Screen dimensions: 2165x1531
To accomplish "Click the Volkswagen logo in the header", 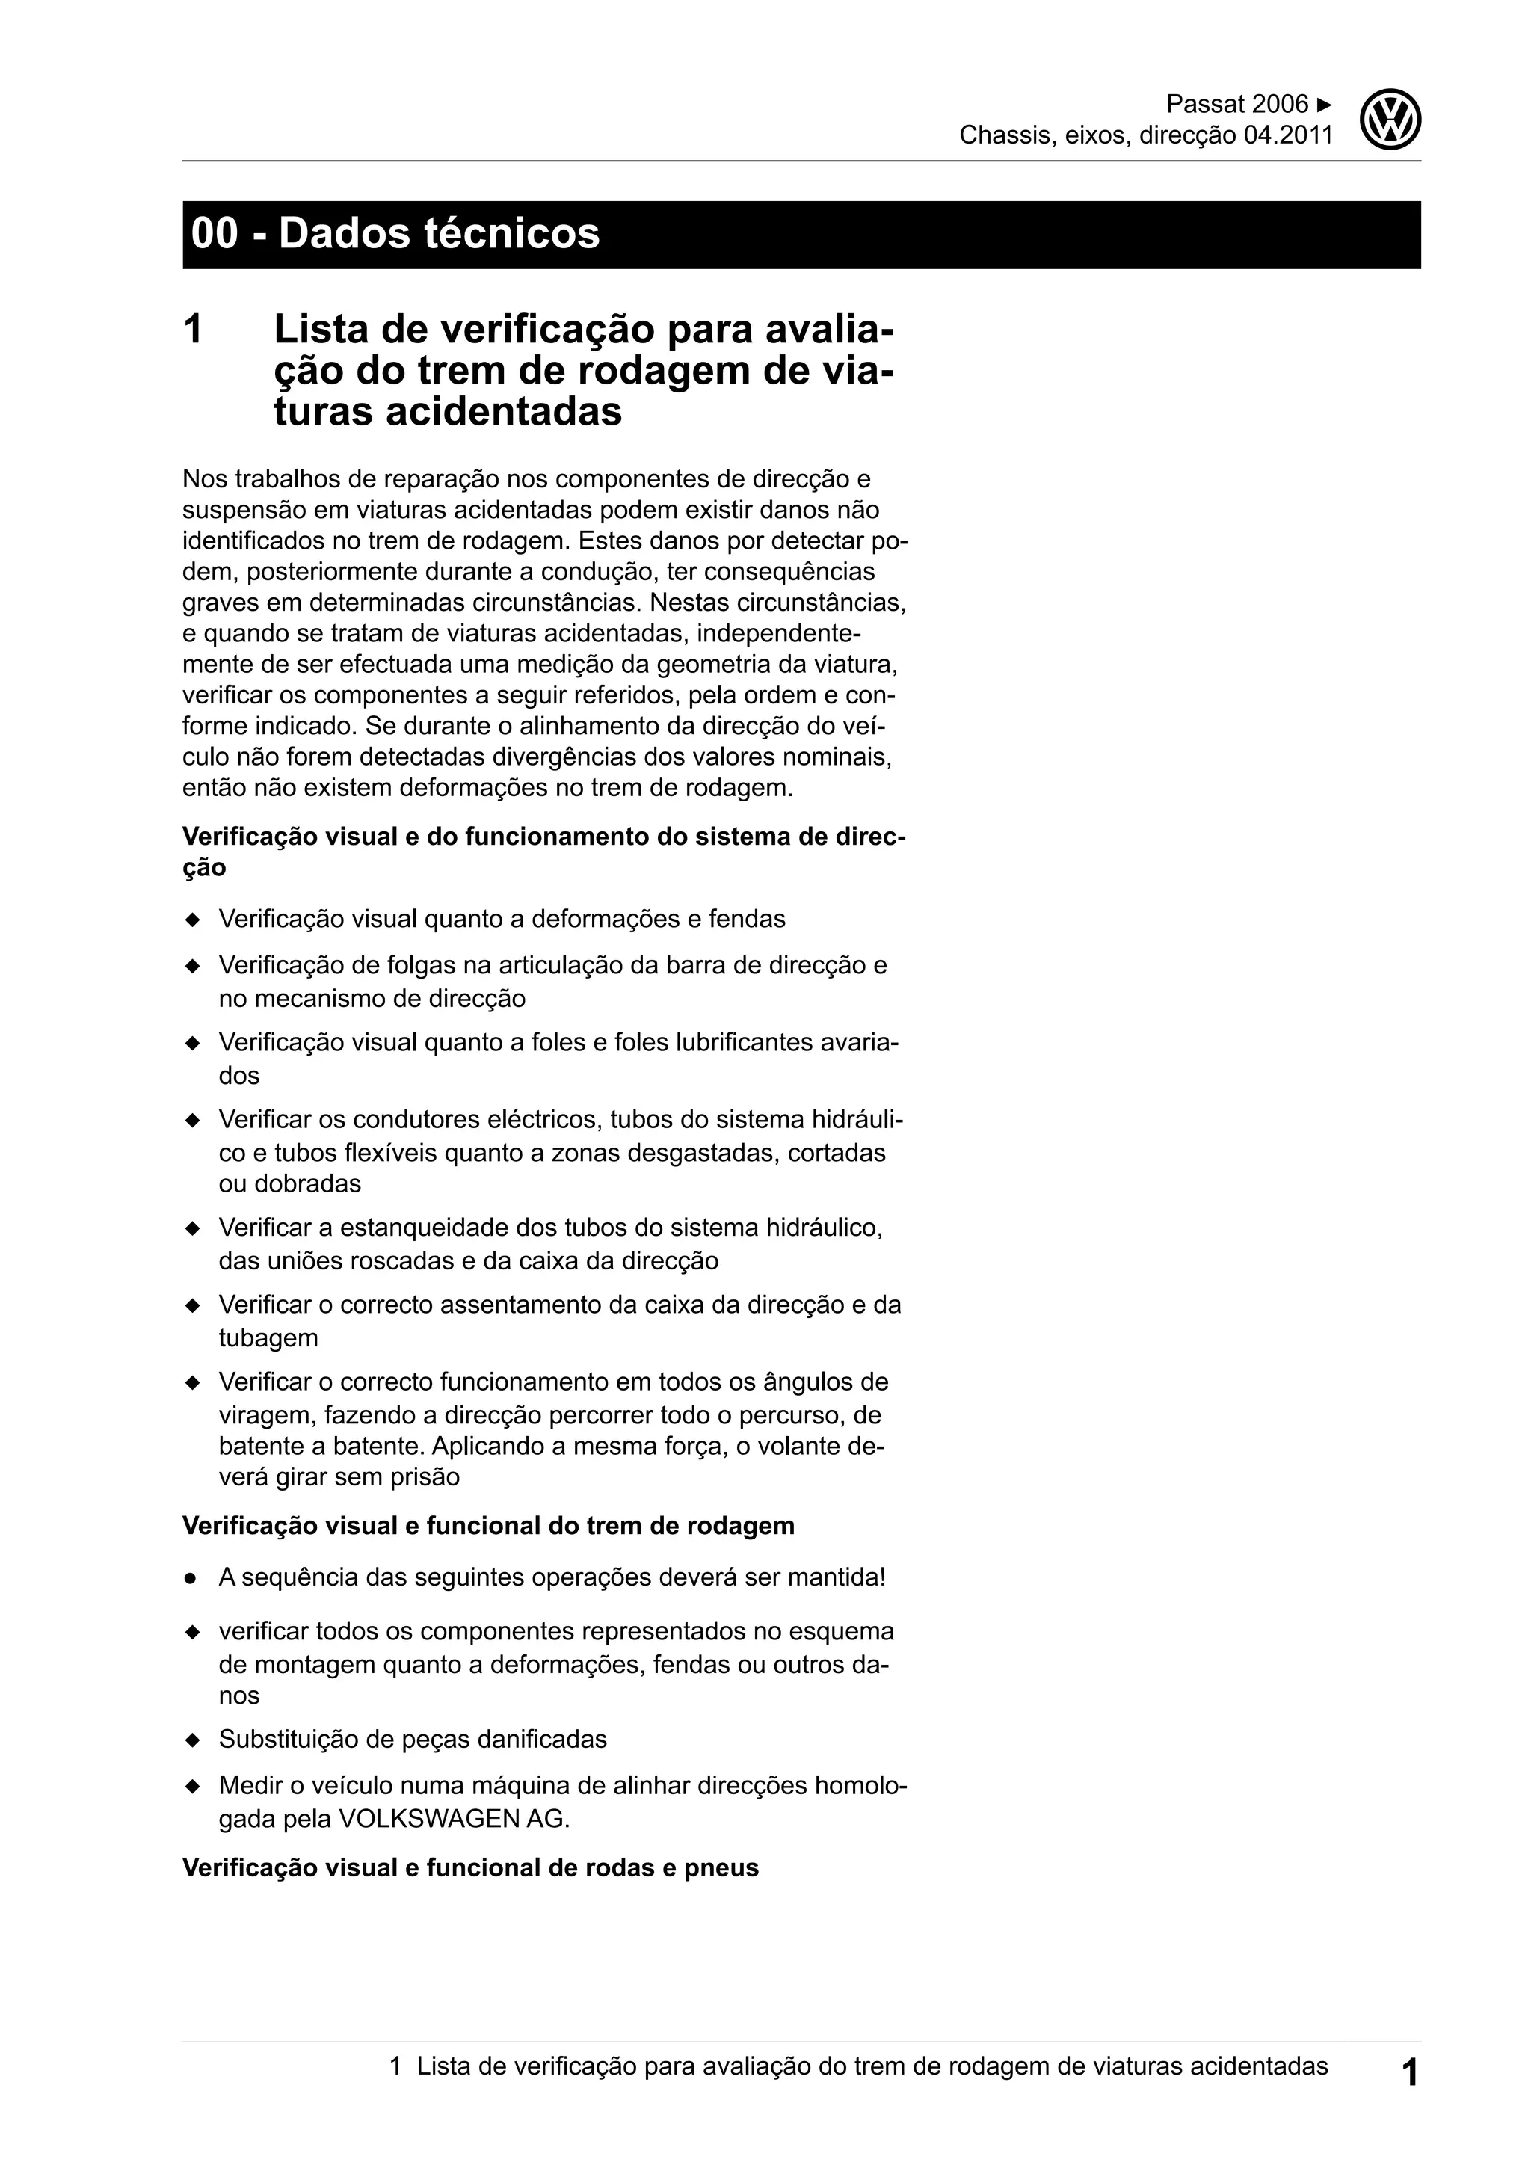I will [1390, 120].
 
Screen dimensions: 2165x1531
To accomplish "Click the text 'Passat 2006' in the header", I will [1237, 104].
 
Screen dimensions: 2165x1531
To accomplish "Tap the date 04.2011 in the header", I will [1289, 136].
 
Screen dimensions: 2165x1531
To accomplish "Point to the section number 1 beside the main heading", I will [194, 330].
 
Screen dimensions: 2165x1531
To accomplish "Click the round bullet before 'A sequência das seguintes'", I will [191, 1577].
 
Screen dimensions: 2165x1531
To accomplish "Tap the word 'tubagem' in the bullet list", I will [268, 1337].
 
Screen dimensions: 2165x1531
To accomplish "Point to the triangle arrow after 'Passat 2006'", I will [1325, 104].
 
